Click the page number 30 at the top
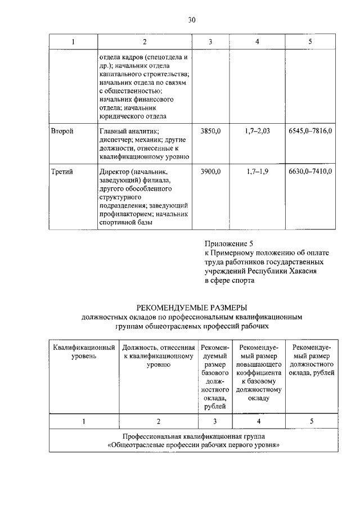coord(191,21)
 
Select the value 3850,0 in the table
coord(210,130)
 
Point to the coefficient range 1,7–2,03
coord(258,130)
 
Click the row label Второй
coord(62,130)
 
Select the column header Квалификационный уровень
coord(84,352)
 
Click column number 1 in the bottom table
coord(84,421)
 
